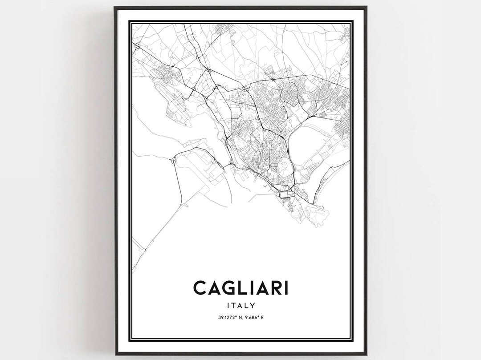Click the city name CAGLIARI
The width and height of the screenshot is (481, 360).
point(240,287)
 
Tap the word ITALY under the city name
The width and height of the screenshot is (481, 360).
point(240,306)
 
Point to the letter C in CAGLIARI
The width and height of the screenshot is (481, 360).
point(200,287)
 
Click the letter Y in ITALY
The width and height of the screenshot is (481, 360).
point(253,306)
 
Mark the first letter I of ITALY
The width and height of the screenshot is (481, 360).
point(228,306)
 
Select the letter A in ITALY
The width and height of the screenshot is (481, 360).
point(240,306)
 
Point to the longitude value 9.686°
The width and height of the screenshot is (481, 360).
point(253,317)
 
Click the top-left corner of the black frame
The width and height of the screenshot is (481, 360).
point(115,8)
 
